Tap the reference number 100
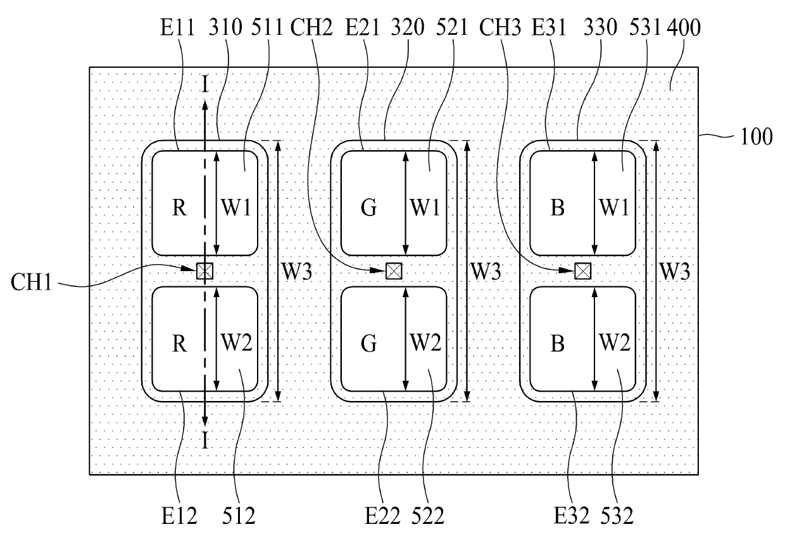tap(756, 136)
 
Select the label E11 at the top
tap(177, 27)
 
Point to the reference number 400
tap(683, 27)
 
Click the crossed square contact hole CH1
tap(204, 271)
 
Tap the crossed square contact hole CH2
tap(394, 271)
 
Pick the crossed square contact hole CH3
tap(583, 271)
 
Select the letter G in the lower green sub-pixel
tap(368, 343)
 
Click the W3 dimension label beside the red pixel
tap(297, 271)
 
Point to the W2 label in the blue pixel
tap(615, 343)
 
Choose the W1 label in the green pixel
tap(425, 207)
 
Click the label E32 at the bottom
tap(571, 516)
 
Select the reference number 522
tap(427, 516)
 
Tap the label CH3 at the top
tap(500, 27)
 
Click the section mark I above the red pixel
tap(205, 84)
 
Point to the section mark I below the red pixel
tap(205, 441)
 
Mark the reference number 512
tap(239, 516)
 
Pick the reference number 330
tap(600, 27)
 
